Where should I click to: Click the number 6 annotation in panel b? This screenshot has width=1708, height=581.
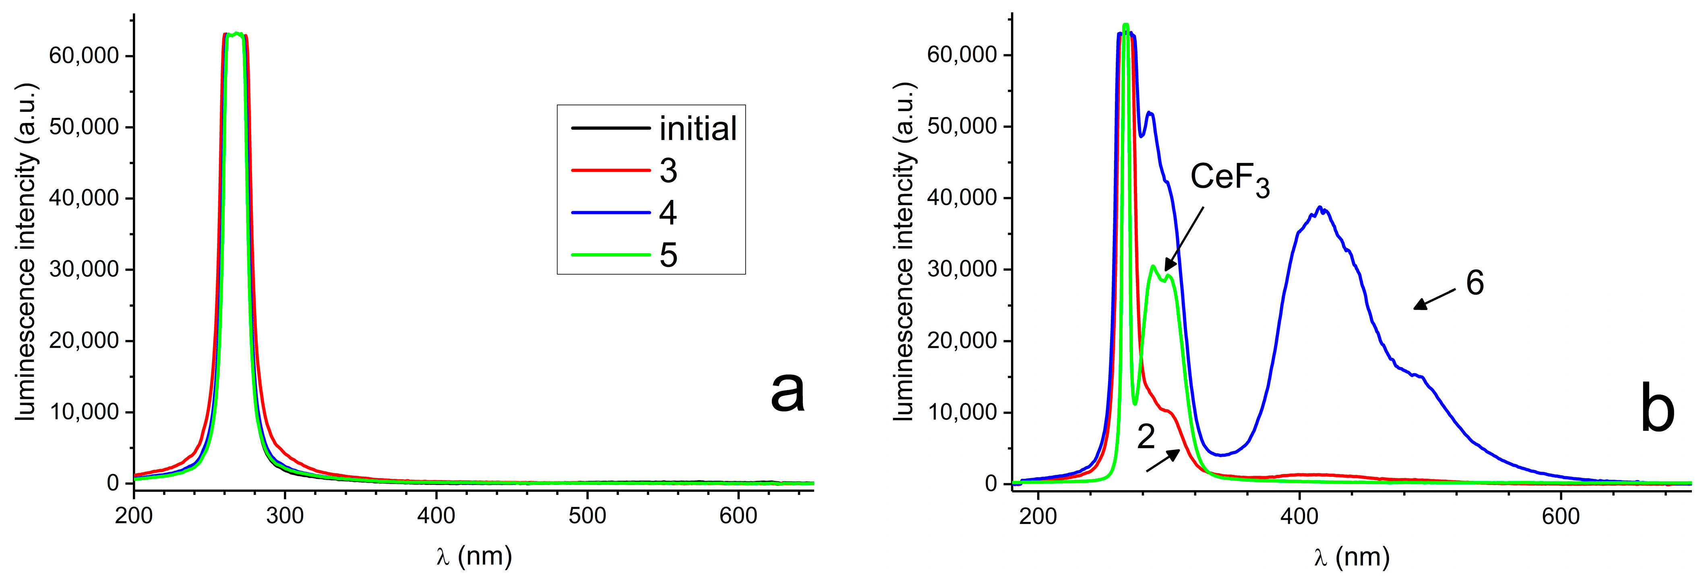[1474, 283]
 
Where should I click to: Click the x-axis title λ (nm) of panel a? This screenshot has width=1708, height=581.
[474, 556]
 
